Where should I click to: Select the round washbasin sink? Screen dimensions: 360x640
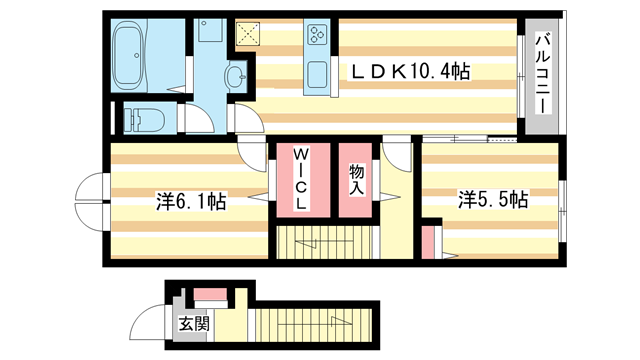click(235, 75)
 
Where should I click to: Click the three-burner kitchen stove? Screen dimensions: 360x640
click(319, 35)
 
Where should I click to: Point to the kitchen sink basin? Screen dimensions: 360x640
click(318, 74)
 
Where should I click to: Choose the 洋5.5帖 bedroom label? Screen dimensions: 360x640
click(493, 200)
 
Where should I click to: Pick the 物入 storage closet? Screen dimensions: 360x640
click(355, 180)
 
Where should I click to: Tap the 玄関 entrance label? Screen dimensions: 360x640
click(194, 324)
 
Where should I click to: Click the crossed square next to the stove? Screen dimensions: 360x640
click(247, 34)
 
